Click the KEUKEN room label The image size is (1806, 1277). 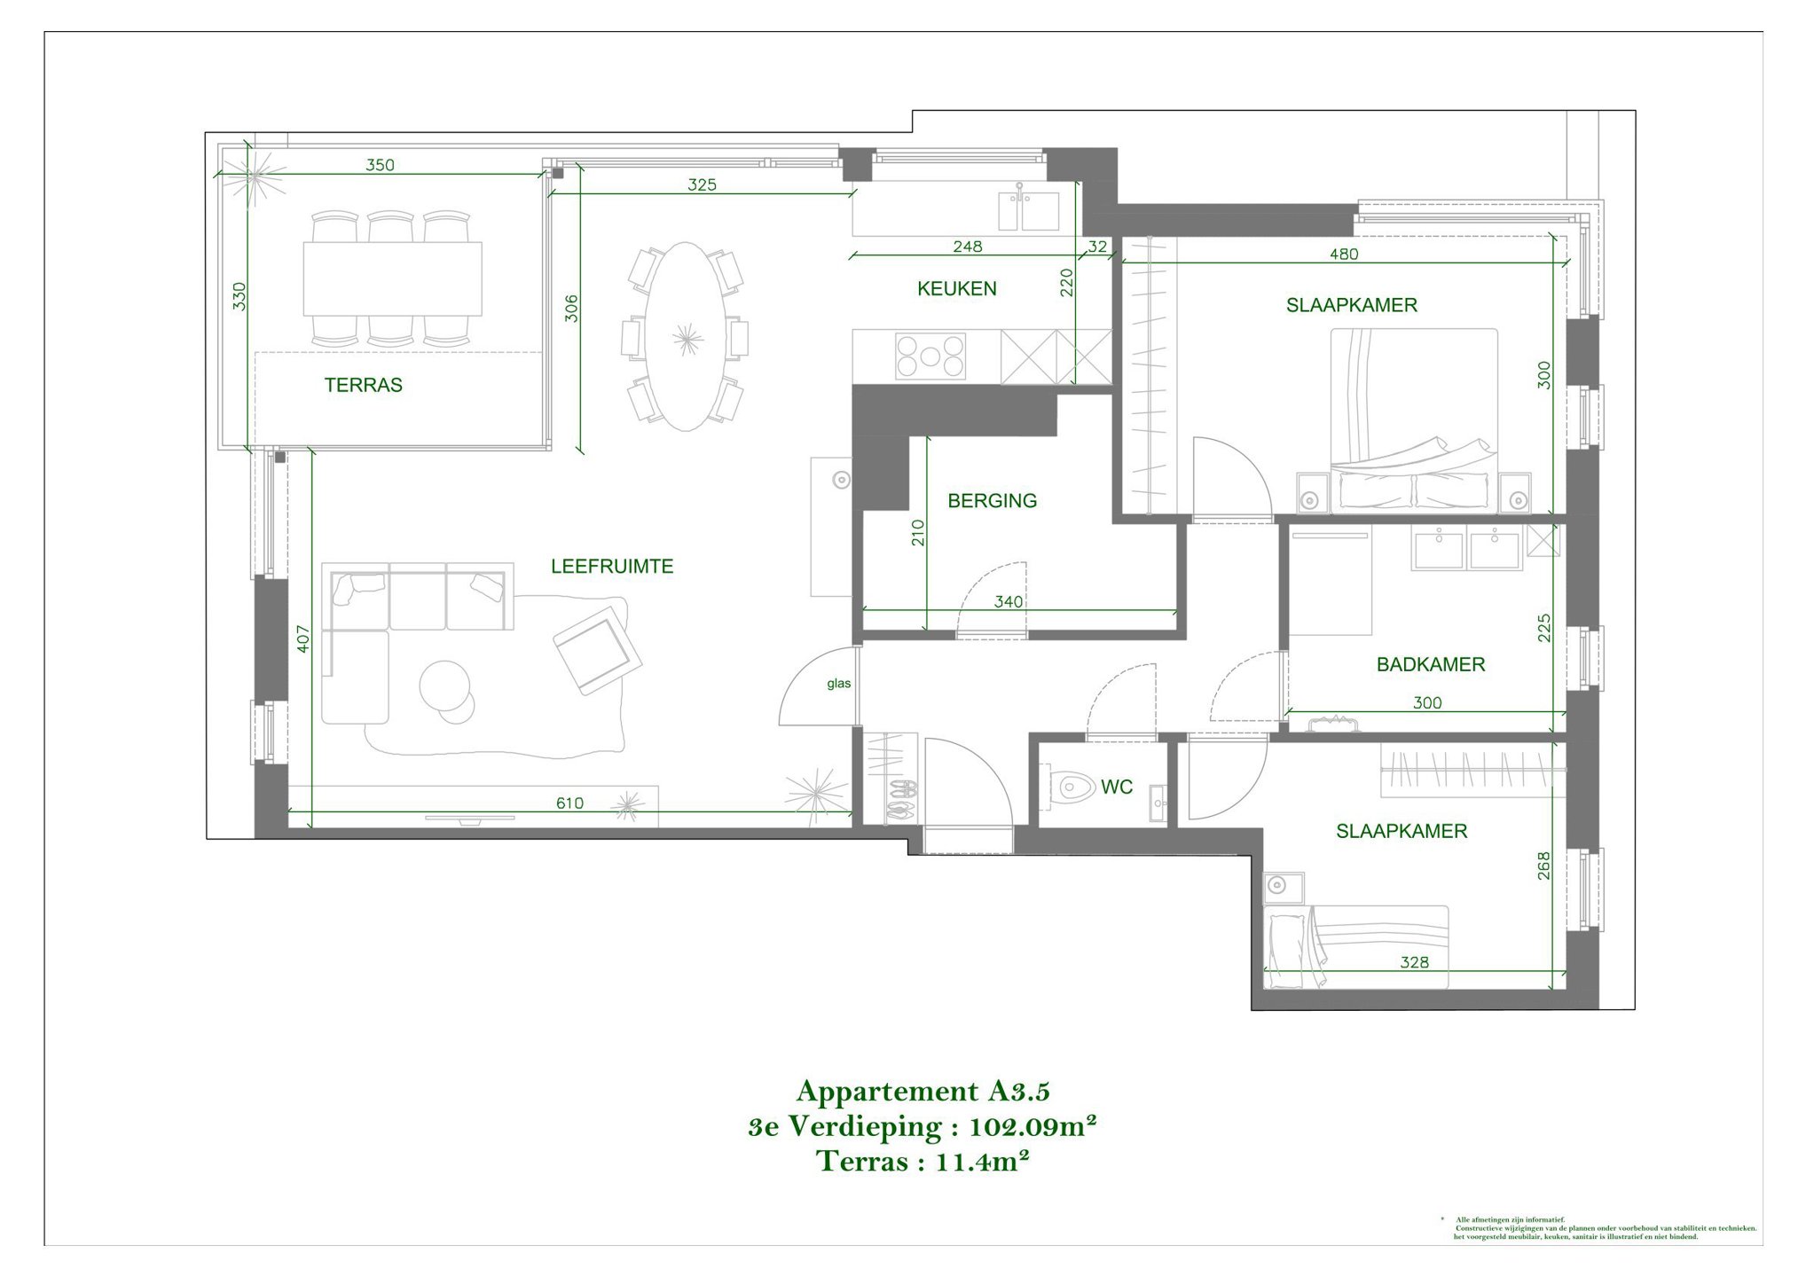click(x=956, y=288)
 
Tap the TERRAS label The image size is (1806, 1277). click(x=363, y=385)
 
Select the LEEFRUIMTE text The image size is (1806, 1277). click(x=612, y=566)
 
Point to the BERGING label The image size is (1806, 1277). click(x=992, y=501)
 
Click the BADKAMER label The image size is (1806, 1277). click(x=1430, y=664)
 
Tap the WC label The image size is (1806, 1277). click(x=1116, y=787)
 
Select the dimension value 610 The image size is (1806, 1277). click(x=569, y=803)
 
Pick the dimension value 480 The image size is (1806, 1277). click(x=1344, y=254)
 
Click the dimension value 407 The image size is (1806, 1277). click(x=303, y=639)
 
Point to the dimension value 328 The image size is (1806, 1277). click(x=1414, y=962)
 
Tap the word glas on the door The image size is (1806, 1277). click(x=838, y=684)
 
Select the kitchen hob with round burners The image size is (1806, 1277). click(x=930, y=356)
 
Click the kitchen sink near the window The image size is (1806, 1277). click(x=1028, y=210)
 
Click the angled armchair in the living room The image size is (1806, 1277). click(x=596, y=654)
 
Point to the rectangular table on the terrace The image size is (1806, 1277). click(x=393, y=278)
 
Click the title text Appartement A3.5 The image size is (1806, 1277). click(x=923, y=1090)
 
